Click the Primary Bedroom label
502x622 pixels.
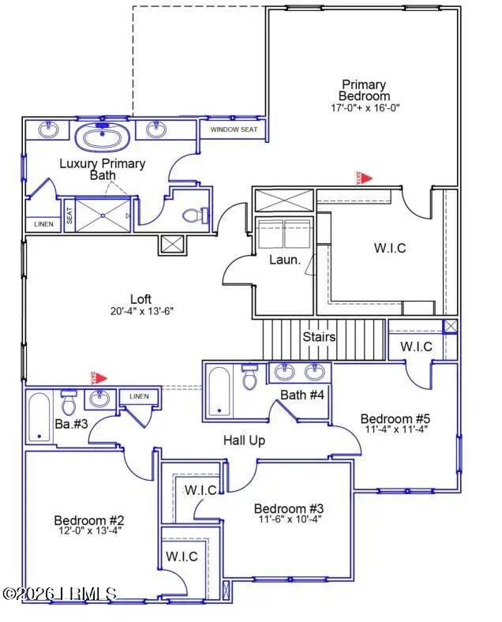tap(364, 90)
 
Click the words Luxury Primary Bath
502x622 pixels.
tap(103, 170)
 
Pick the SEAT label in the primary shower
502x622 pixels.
tap(69, 215)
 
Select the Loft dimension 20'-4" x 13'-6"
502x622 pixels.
tap(140, 311)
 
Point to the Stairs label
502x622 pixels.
tap(320, 337)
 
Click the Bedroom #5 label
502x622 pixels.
tap(391, 418)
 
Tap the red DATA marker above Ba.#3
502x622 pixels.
tap(99, 378)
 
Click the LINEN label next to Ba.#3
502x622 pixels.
tap(139, 396)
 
